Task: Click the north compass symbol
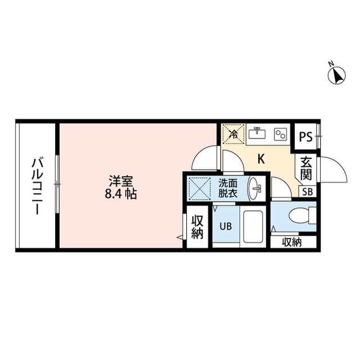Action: [x=337, y=75]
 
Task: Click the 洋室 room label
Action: [x=120, y=182]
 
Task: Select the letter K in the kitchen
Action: [x=261, y=159]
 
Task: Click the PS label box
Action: [x=305, y=137]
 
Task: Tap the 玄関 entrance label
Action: [x=305, y=168]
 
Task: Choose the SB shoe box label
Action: [x=307, y=191]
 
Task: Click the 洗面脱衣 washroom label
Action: [x=228, y=187]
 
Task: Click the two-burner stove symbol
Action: [x=280, y=134]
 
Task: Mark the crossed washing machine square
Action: [x=199, y=187]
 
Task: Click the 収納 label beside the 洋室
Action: [x=196, y=227]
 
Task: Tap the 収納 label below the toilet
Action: [x=292, y=242]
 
